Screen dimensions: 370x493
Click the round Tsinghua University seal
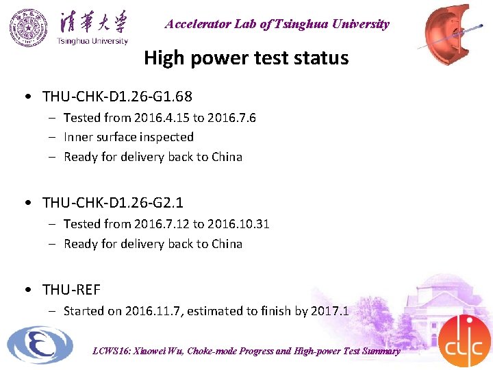pyautogui.click(x=30, y=27)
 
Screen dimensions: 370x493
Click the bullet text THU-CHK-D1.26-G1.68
pyautogui.click(x=117, y=96)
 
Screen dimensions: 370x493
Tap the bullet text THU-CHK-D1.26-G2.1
pyautogui.click(x=113, y=203)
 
